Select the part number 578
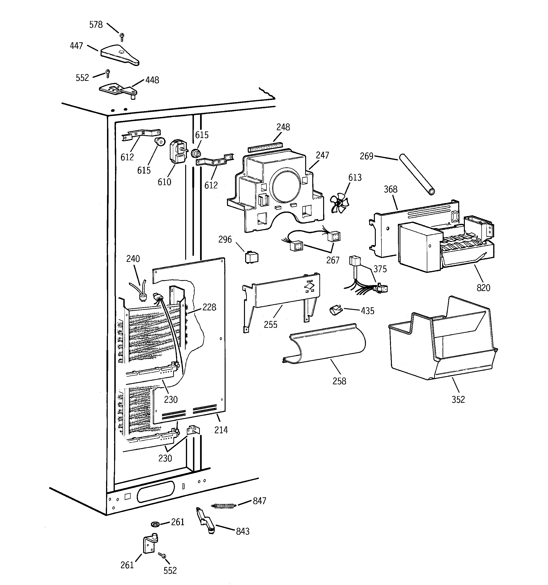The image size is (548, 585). coord(96,25)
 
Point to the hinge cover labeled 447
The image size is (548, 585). coord(119,55)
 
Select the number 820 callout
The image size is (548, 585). coord(483,287)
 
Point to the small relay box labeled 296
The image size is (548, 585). coord(252,257)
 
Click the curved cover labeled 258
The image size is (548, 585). coord(325,343)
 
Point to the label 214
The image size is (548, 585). coord(221,430)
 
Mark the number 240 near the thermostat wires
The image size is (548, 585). coord(133,259)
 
